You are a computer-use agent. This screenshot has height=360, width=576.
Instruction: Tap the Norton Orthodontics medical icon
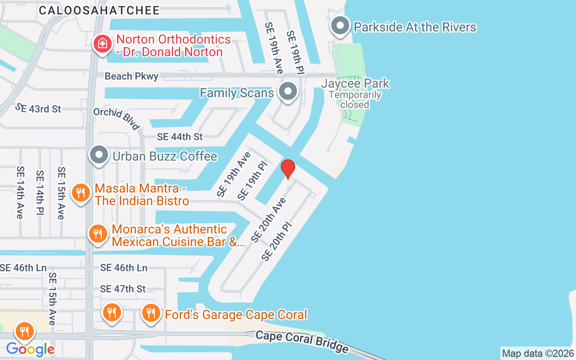103,44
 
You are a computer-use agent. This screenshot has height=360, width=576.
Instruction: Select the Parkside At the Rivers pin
340,26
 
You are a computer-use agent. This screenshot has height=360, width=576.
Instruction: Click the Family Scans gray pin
288,92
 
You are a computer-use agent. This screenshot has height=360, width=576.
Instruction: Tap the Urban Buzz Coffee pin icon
99,155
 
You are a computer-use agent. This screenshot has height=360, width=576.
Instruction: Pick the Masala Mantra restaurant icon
81,193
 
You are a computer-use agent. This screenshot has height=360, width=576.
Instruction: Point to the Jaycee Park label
355,83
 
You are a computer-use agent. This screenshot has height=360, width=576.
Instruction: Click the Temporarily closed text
355,100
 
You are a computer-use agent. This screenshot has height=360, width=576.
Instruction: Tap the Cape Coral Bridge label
302,342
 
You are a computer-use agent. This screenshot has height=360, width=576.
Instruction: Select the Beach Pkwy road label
131,76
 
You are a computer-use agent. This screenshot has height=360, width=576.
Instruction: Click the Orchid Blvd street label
117,118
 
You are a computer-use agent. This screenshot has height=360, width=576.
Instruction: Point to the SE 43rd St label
38,108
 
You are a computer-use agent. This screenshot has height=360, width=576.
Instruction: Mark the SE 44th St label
180,136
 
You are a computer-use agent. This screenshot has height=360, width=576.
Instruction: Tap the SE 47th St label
123,288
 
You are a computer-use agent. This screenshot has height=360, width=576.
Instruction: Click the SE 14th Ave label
20,193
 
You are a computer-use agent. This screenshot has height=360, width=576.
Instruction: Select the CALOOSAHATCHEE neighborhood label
99,10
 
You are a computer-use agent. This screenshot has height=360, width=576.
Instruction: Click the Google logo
30,349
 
